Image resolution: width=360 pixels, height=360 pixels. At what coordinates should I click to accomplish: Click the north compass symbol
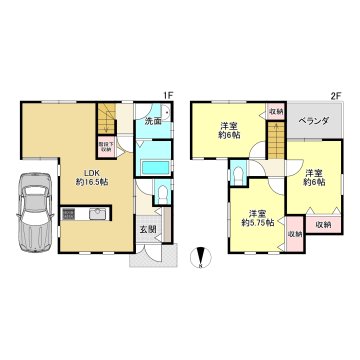[x=202, y=256]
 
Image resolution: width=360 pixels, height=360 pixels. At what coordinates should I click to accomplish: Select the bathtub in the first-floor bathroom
[x=155, y=164]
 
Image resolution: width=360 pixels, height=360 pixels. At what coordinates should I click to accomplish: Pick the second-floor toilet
[x=237, y=174]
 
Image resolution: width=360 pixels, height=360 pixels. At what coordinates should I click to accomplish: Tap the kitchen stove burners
[x=70, y=212]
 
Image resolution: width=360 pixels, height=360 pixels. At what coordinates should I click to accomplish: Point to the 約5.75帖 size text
[x=256, y=223]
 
